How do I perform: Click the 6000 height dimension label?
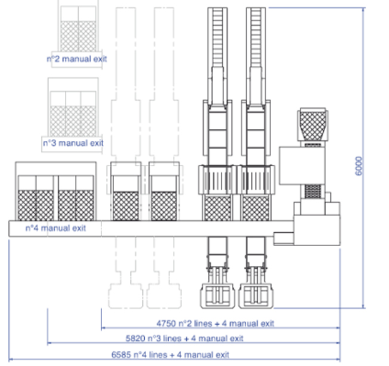click(359, 166)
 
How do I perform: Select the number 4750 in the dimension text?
click(166, 323)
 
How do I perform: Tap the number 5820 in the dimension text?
click(136, 338)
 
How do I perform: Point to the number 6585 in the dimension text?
click(121, 355)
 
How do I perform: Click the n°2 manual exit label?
click(77, 59)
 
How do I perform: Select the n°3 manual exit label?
click(73, 143)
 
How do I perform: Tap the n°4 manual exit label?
click(56, 228)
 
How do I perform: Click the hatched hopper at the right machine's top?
click(313, 125)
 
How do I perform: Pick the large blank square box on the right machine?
click(302, 166)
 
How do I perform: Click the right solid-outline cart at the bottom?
click(256, 295)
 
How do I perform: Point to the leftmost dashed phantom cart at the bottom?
click(126, 296)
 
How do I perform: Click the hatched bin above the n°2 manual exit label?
click(78, 37)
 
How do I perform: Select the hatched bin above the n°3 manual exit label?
click(73, 121)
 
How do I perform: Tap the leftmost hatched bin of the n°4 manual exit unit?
click(27, 205)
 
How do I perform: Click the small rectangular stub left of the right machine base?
click(283, 238)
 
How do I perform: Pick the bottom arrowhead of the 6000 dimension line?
click(363, 305)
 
